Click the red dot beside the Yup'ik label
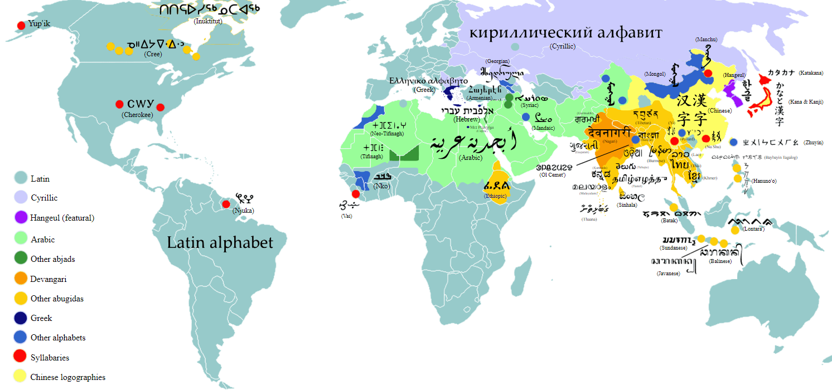click(x=21, y=25)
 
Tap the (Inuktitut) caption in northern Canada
click(x=206, y=21)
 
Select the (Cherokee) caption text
click(x=137, y=115)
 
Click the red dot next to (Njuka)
click(x=226, y=204)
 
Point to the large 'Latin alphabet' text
click(x=220, y=242)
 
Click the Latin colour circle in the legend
click(x=21, y=178)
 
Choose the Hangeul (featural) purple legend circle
click(x=21, y=218)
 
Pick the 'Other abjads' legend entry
click(x=52, y=259)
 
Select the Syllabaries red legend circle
click(x=21, y=357)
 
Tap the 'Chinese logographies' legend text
click(x=67, y=377)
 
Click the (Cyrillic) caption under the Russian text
click(x=563, y=46)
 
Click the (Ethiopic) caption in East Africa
click(x=495, y=196)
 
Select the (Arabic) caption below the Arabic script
click(x=471, y=158)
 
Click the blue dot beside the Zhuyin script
click(x=733, y=142)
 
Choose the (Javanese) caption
click(x=668, y=274)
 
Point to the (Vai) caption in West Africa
click(x=347, y=216)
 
